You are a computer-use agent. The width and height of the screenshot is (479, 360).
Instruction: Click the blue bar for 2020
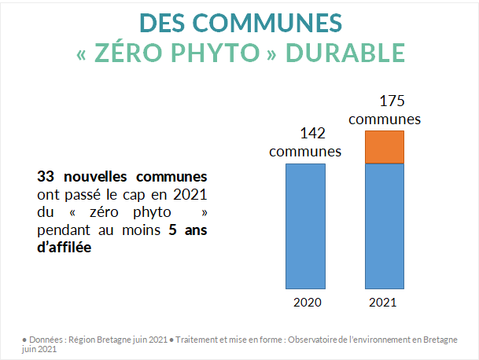pyautogui.click(x=305, y=226)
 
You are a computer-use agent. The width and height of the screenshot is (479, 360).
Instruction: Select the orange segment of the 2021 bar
pyautogui.click(x=385, y=147)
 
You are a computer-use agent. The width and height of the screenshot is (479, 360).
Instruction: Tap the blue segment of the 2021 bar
pyautogui.click(x=385, y=226)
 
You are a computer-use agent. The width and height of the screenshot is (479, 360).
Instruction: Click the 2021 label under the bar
pyautogui.click(x=385, y=302)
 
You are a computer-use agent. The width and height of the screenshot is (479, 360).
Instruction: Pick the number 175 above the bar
pyautogui.click(x=385, y=102)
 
